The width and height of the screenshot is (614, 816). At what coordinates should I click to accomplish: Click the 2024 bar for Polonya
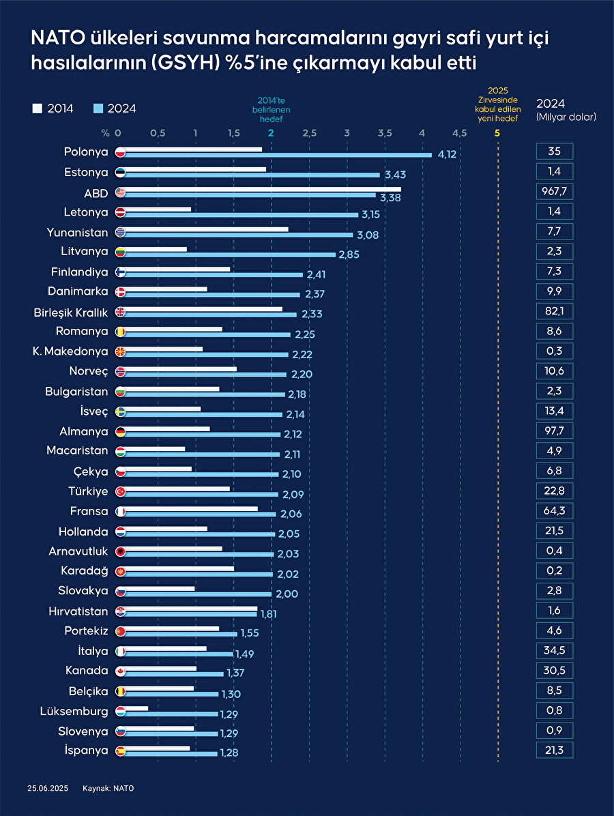(276, 155)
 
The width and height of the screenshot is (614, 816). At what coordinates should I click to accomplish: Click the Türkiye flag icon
(120, 491)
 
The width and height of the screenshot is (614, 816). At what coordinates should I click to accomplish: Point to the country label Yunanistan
(77, 231)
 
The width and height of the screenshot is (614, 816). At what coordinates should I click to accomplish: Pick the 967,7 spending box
(554, 191)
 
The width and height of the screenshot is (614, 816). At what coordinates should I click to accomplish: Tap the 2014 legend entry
(53, 108)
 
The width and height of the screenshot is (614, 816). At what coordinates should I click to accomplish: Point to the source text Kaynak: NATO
(108, 788)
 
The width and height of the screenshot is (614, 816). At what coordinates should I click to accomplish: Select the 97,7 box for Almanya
(554, 431)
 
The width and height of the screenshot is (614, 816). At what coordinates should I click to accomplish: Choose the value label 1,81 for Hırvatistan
(268, 613)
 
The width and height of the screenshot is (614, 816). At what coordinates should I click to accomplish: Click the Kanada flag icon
(120, 671)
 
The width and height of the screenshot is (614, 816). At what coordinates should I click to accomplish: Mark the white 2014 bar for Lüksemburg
(136, 708)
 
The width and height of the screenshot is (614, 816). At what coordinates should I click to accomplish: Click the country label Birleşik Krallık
(71, 312)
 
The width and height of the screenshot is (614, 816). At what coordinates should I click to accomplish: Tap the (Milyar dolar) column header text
(566, 117)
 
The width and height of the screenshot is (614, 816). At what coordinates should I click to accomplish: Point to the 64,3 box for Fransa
(554, 510)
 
